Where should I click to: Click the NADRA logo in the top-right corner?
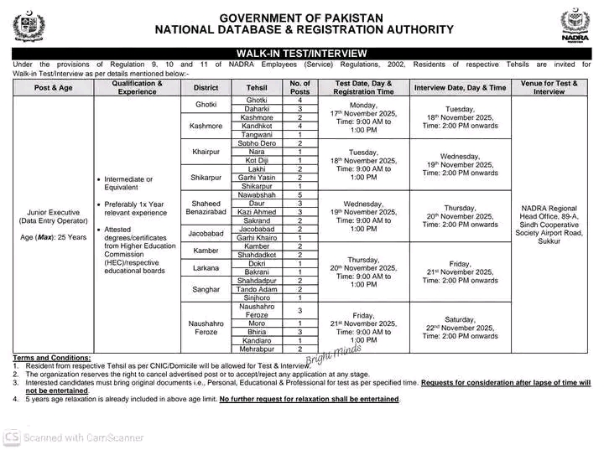point(575,27)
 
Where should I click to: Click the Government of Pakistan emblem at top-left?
point(29,27)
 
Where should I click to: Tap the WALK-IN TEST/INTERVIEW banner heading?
point(302,54)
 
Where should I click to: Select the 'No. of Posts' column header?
point(299,87)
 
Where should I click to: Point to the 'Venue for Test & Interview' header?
point(549,87)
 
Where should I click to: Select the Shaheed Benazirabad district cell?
point(206,208)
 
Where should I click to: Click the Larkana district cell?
point(206,268)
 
